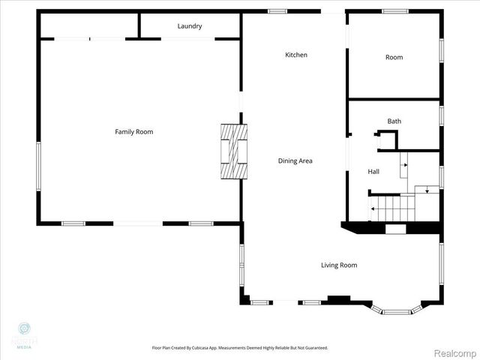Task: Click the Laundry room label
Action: pos(190,26)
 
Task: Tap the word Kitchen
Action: pos(296,55)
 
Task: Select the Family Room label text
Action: pos(133,132)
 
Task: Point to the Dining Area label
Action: pos(295,160)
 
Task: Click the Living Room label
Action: pos(339,265)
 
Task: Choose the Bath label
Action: pos(394,121)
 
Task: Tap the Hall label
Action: pos(373,172)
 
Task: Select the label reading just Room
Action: pos(394,57)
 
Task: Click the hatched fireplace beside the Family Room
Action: pos(232,151)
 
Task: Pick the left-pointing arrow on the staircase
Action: pos(373,209)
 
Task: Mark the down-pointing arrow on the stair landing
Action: pos(427,190)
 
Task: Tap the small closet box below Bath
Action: pos(388,139)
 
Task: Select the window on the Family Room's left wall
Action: pos(38,165)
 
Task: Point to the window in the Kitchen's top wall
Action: pos(277,11)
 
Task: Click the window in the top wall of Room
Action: pos(394,11)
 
